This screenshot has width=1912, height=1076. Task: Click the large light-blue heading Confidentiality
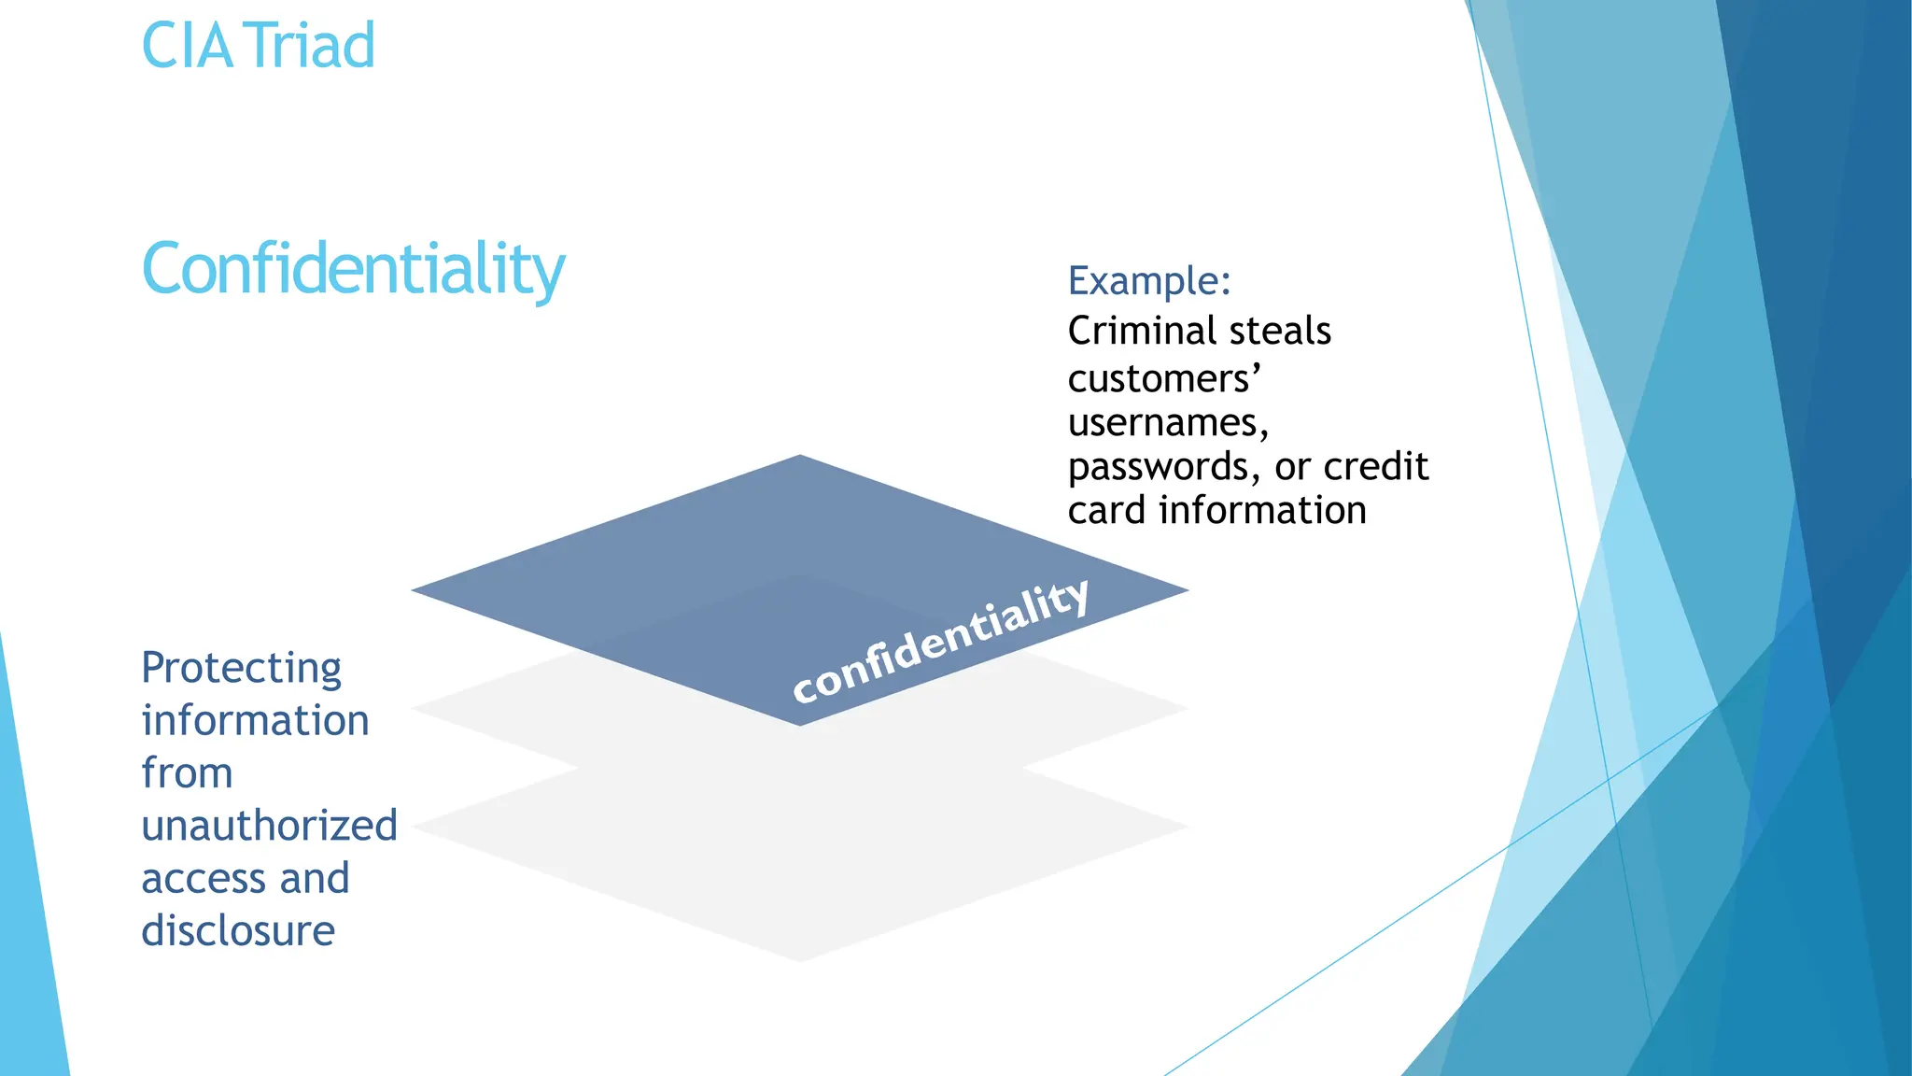pos(353,269)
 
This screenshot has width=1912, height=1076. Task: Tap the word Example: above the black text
pos(1149,280)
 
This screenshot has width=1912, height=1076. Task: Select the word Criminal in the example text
pos(1135,331)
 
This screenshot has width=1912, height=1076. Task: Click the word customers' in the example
pos(1164,379)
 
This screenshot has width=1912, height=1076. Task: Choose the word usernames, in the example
pos(1168,423)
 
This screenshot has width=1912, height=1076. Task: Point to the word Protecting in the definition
pos(241,669)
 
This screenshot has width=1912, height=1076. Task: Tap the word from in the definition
pos(187,773)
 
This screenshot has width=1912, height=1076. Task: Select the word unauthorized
pos(269,826)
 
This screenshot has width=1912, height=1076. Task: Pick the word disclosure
pos(238,931)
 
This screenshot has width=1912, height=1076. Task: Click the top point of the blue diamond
pos(800,459)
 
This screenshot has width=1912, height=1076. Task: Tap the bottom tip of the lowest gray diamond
pos(800,958)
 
